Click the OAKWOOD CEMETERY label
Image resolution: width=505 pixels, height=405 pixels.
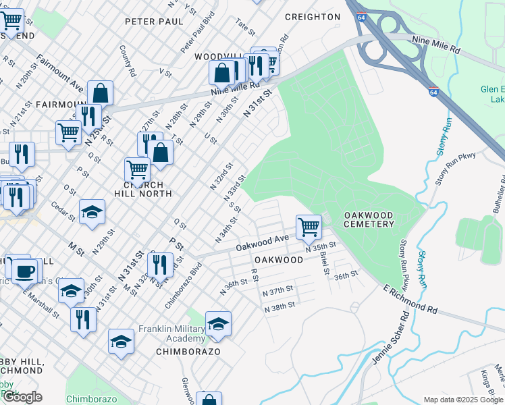(369, 220)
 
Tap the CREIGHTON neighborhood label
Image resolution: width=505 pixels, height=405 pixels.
(313, 17)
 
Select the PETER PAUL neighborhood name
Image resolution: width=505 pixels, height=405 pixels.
(155, 22)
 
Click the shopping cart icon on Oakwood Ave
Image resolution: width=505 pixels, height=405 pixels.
(309, 227)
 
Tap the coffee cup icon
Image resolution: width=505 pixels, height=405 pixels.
(26, 271)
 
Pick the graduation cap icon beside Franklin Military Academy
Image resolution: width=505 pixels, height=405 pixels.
(218, 325)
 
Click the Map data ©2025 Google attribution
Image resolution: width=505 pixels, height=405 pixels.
(463, 400)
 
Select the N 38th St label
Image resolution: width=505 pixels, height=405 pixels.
(280, 306)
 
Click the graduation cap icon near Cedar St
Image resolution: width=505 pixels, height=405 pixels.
(92, 213)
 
